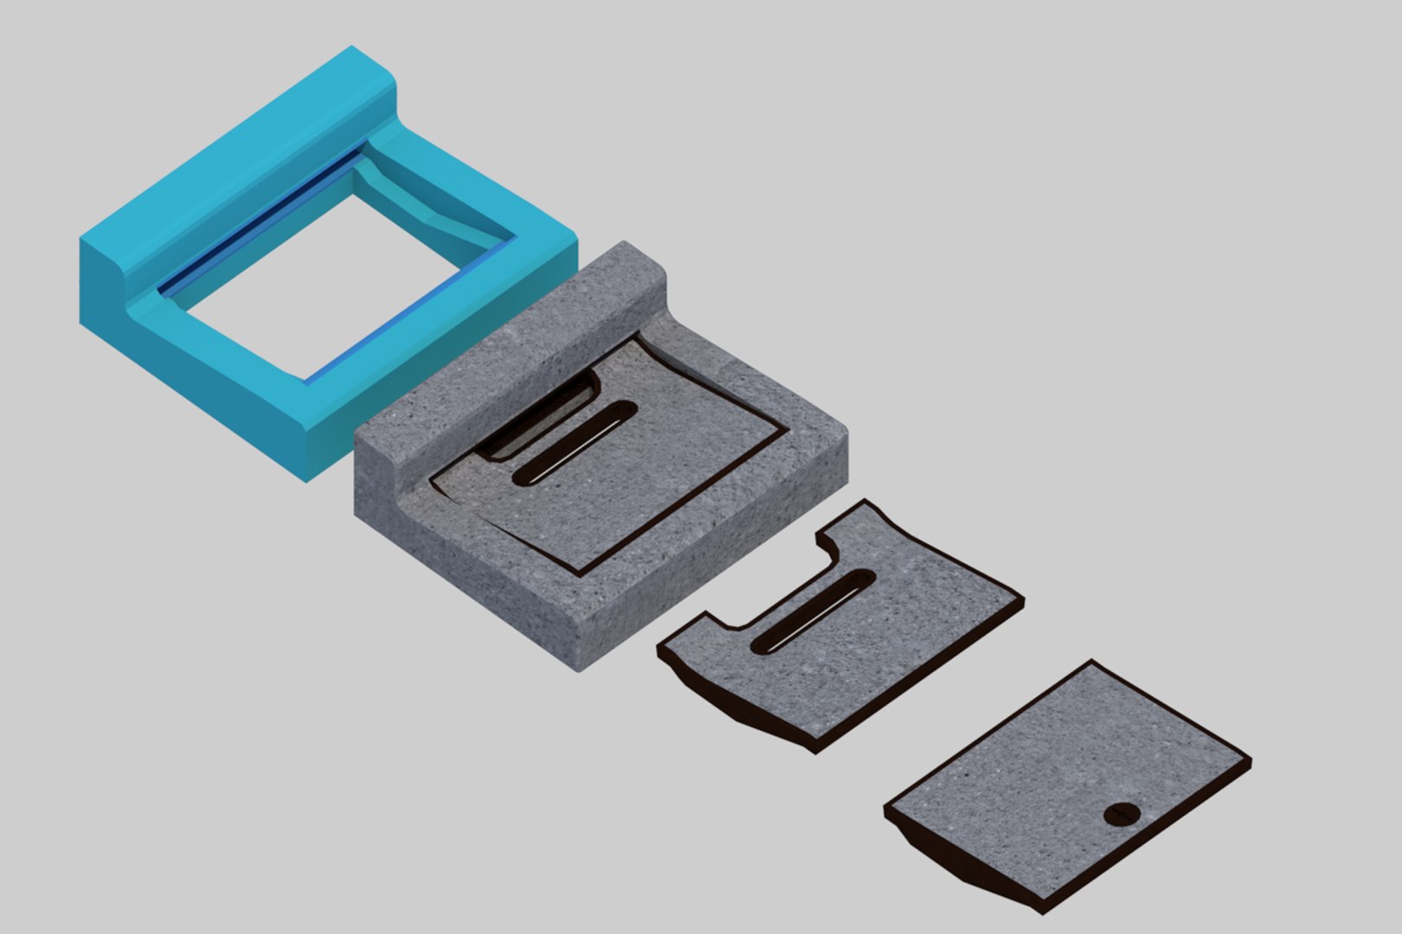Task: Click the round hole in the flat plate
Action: pyautogui.click(x=1123, y=814)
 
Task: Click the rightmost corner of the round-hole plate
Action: pyautogui.click(x=1250, y=764)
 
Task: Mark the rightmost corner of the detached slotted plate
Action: pyautogui.click(x=1024, y=598)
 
